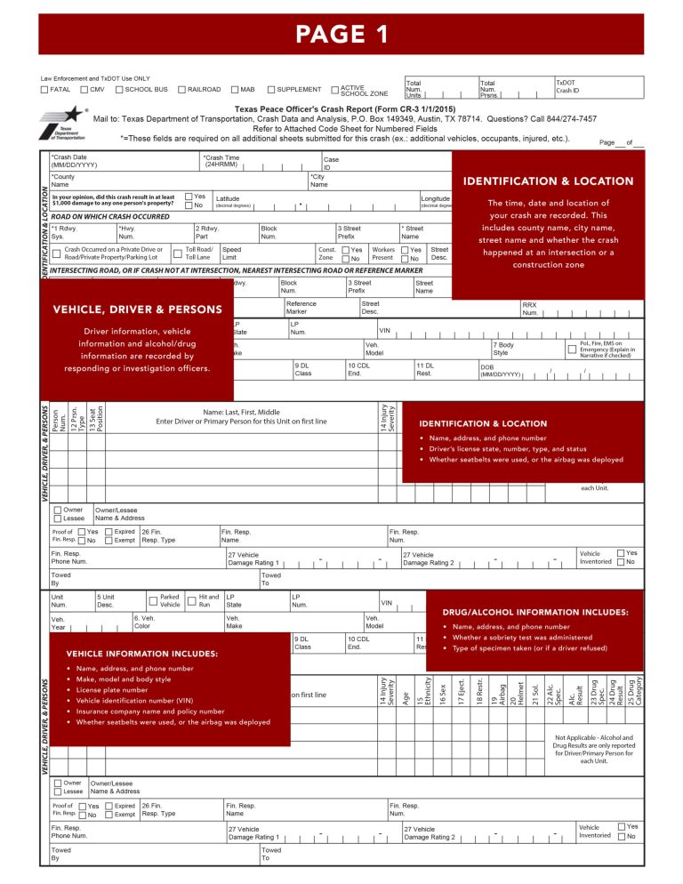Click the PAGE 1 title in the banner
[341, 34]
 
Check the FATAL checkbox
[45, 90]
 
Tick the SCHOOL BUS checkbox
[119, 90]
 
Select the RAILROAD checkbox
[181, 90]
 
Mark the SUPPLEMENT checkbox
[269, 90]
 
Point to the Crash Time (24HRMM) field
[258, 161]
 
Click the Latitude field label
[228, 199]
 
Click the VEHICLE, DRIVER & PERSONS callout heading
[137, 309]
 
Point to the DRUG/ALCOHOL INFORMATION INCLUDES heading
[534, 612]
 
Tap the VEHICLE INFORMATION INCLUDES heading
[141, 654]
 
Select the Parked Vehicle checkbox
[153, 601]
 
